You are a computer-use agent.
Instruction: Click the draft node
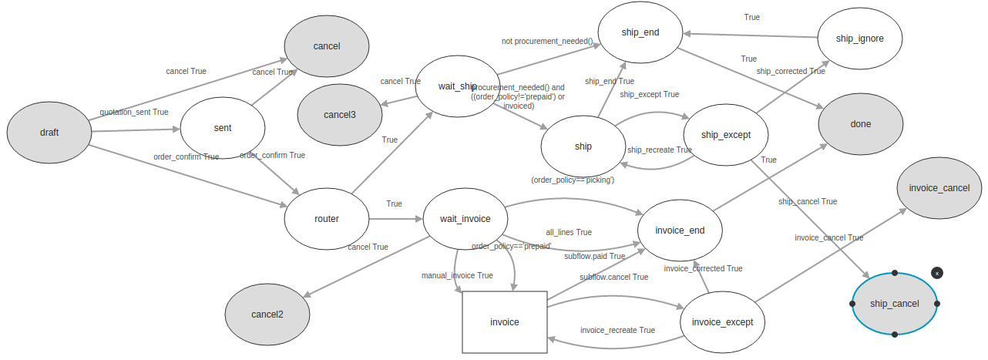[x=49, y=132]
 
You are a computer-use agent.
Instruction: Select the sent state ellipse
[x=223, y=128]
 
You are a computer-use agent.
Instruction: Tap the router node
[x=327, y=219]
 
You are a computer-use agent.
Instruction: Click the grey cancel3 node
[x=340, y=115]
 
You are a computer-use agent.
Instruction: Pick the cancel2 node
[x=267, y=315]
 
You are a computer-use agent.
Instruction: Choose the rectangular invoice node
[x=505, y=322]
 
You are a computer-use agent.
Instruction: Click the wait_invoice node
[x=465, y=219]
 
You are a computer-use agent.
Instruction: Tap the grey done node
[x=861, y=124]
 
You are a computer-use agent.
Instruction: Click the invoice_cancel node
[x=939, y=188]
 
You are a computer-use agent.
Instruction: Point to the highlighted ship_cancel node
[x=895, y=304]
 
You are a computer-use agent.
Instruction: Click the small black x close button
[x=937, y=273]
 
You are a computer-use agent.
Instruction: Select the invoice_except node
[x=722, y=322]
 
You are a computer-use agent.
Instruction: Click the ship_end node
[x=640, y=32]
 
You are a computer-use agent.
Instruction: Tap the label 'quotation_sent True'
[x=134, y=112]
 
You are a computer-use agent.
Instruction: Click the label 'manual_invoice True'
[x=457, y=275]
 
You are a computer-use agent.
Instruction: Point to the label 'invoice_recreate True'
[x=617, y=330]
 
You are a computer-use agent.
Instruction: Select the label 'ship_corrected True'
[x=790, y=71]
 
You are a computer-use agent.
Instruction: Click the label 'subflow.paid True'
[x=594, y=256]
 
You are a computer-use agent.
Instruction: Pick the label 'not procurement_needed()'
[x=547, y=41]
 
